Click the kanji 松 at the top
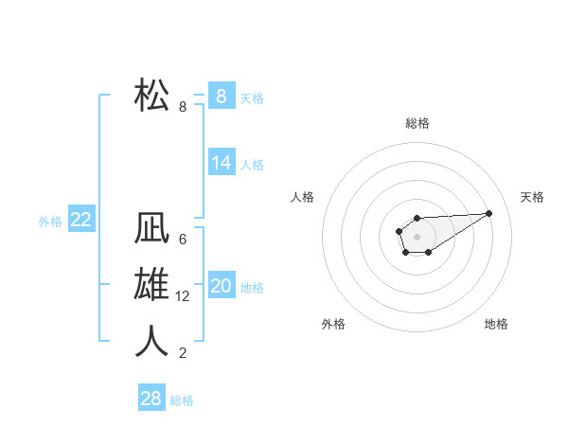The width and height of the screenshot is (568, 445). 152,95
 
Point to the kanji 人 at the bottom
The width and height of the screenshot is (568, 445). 152,341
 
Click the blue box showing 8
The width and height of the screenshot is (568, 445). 221,96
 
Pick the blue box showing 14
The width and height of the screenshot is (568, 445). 221,163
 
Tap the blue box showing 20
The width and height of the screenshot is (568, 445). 221,286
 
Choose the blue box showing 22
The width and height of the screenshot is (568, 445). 80,220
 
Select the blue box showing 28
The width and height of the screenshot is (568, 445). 151,398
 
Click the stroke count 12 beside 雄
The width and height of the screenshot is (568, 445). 183,296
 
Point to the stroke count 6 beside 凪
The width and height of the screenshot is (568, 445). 183,240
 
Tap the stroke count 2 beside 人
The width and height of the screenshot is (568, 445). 183,353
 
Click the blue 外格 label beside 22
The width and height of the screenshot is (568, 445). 50,222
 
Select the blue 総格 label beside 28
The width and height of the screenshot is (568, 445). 182,400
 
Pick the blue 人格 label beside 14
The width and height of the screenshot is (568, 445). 252,165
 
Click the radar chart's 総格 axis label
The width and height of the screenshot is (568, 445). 417,123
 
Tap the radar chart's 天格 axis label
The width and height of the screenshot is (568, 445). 532,197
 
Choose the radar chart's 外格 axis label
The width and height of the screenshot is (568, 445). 333,324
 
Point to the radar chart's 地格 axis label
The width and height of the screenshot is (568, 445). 496,324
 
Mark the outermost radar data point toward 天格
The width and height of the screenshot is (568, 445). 489,212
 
